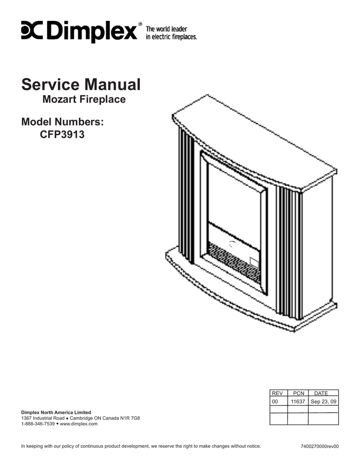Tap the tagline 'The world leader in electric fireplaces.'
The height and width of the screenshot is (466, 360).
coord(171,33)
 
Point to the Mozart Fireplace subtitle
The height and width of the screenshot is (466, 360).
coord(84,99)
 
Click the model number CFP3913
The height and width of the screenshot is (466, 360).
coord(63,135)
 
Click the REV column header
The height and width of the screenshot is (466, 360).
coord(277,393)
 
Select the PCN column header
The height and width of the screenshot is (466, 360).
coord(298,393)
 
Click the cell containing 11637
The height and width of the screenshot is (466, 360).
coord(298,402)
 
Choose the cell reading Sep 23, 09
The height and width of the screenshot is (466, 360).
coord(324,402)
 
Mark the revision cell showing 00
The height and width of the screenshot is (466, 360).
coord(275,402)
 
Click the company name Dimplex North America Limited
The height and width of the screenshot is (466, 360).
coord(56,412)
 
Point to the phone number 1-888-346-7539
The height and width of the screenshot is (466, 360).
coord(38,424)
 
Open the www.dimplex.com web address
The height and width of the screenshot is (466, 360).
coord(79,424)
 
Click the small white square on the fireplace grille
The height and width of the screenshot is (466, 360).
coord(254,263)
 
